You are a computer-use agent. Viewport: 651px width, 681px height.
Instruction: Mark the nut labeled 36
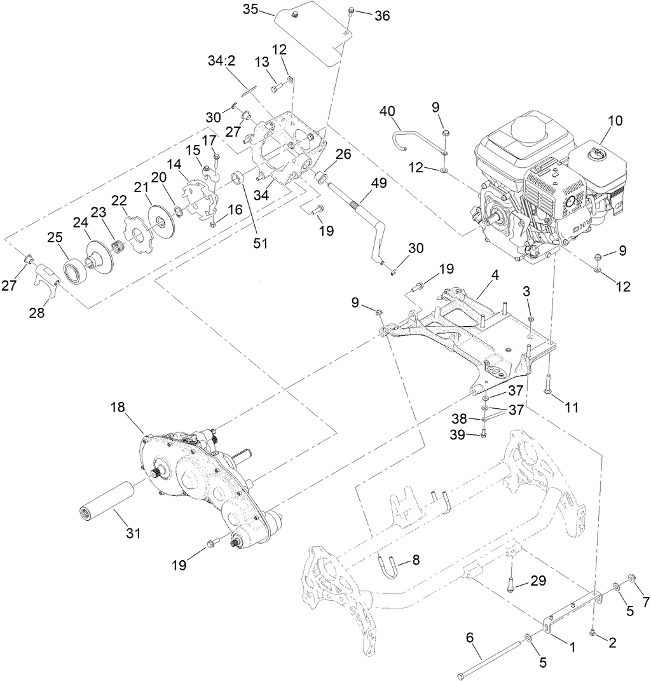click(350, 11)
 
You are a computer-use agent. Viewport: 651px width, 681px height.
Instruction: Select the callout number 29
click(538, 581)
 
